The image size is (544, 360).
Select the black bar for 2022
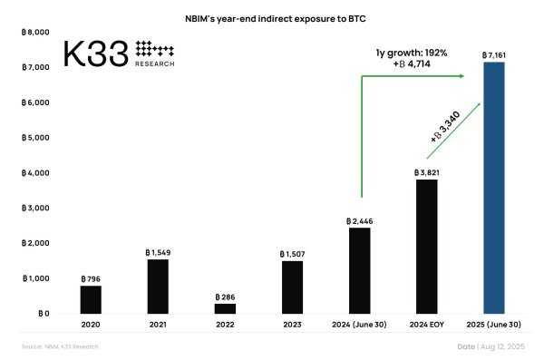pyautogui.click(x=225, y=308)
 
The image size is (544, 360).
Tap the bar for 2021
pyautogui.click(x=158, y=287)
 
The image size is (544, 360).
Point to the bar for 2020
pyautogui.click(x=91, y=299)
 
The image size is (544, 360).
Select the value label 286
pyautogui.click(x=225, y=297)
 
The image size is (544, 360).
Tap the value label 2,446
pyautogui.click(x=359, y=220)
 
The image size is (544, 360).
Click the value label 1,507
pyautogui.click(x=292, y=253)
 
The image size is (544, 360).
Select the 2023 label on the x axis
pyautogui.click(x=292, y=324)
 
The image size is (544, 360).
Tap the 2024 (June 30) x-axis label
pyautogui.click(x=359, y=324)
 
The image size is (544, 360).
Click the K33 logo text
pyautogui.click(x=95, y=55)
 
